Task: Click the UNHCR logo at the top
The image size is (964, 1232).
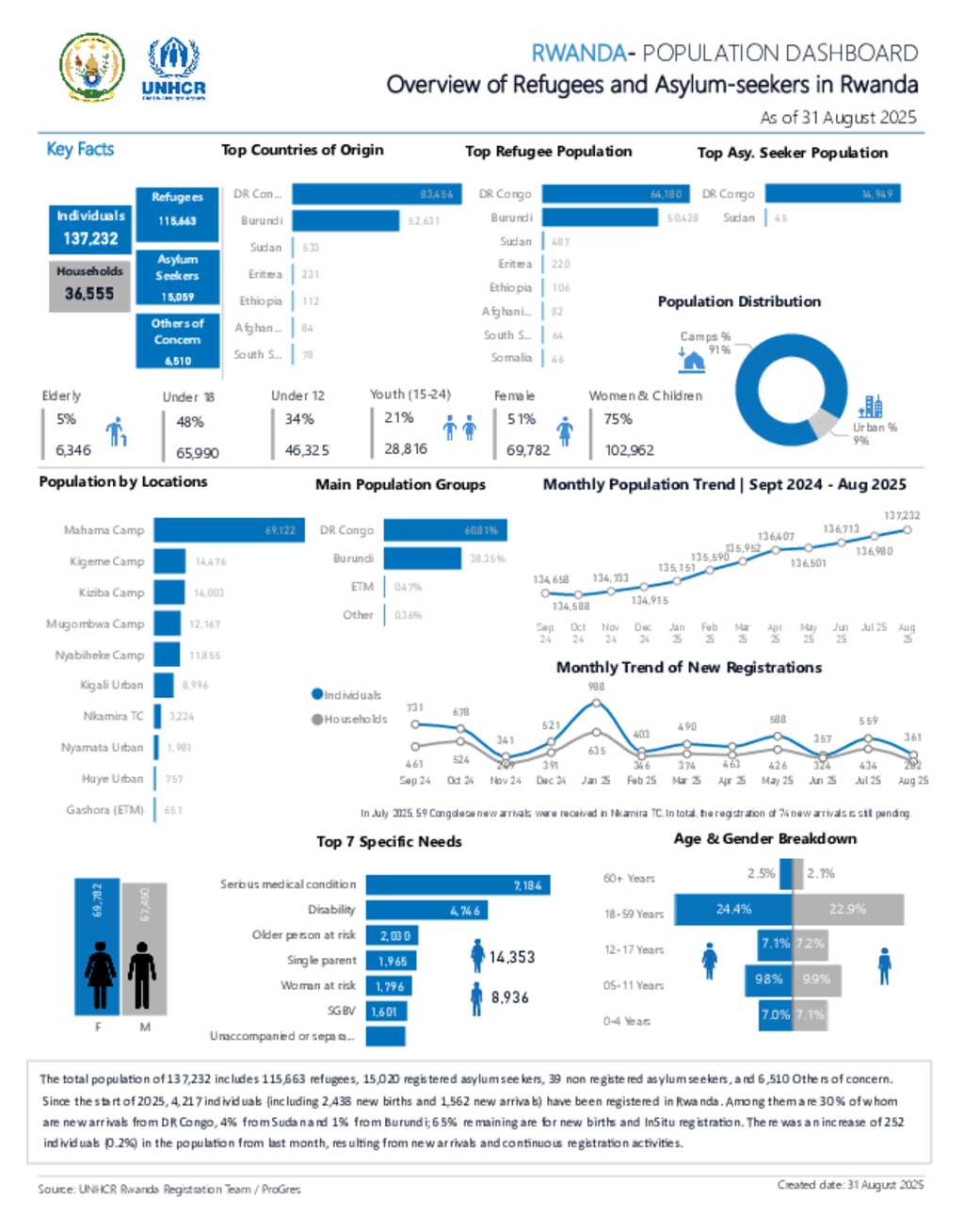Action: [173, 68]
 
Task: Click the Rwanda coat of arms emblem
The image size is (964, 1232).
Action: [91, 68]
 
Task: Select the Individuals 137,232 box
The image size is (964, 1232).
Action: [90, 229]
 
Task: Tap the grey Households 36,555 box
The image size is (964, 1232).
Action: [89, 284]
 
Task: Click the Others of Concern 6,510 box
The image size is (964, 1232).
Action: [177, 340]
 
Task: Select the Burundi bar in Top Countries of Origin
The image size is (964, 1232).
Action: [345, 220]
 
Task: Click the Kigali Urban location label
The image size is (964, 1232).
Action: [112, 685]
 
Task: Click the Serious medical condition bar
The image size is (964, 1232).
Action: [458, 884]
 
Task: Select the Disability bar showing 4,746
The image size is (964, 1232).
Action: [427, 910]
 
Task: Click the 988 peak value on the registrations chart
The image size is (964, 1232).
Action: [596, 687]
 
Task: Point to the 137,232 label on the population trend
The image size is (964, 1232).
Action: [902, 515]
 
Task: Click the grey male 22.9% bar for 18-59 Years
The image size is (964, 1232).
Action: [848, 909]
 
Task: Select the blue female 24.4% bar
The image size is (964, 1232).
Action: [733, 909]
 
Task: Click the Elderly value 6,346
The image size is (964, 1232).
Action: [73, 450]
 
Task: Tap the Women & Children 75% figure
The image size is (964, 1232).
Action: [619, 419]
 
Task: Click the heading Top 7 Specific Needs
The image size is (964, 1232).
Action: [389, 841]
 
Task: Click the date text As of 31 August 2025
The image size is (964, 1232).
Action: [838, 118]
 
